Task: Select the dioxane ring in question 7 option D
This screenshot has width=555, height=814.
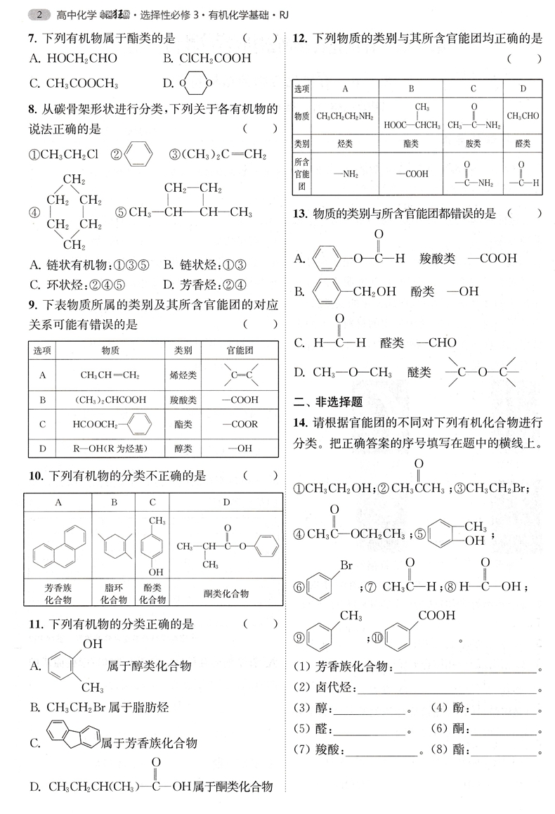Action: (192, 84)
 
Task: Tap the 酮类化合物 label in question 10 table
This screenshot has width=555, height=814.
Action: (226, 593)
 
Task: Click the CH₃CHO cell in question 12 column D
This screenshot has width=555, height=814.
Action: (523, 116)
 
